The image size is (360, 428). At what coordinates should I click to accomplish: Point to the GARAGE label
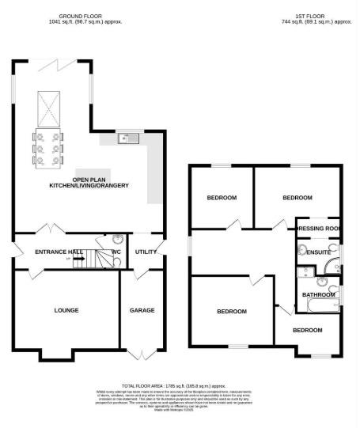coord(142,310)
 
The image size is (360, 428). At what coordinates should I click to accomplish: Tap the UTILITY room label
coord(146,251)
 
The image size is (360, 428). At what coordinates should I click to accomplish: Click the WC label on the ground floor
coord(116,252)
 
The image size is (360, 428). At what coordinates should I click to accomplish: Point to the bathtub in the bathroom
coord(320,305)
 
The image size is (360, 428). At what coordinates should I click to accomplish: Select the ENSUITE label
coord(318,252)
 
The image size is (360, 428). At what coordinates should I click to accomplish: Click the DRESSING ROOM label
coord(318,228)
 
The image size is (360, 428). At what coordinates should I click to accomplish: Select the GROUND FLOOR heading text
coord(80,15)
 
